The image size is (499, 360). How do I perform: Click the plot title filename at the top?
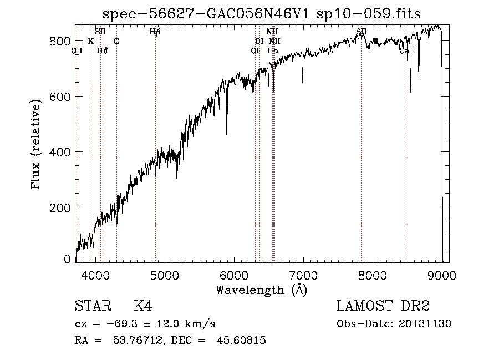261,14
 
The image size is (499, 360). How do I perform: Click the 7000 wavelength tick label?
303,274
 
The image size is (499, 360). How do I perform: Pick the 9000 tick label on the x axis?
441,274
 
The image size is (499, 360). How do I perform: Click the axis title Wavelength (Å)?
261,289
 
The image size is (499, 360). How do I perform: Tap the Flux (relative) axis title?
37,145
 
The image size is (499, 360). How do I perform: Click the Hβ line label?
155,32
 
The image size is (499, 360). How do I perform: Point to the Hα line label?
272,50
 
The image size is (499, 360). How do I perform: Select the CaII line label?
407,50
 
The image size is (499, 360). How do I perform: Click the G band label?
116,41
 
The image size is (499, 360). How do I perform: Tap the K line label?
91,41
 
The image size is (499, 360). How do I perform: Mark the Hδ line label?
102,50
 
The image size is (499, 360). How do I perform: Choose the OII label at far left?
77,50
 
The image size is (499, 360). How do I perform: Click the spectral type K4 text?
143,306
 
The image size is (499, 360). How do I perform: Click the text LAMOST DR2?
383,306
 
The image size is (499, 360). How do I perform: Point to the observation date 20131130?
427,323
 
